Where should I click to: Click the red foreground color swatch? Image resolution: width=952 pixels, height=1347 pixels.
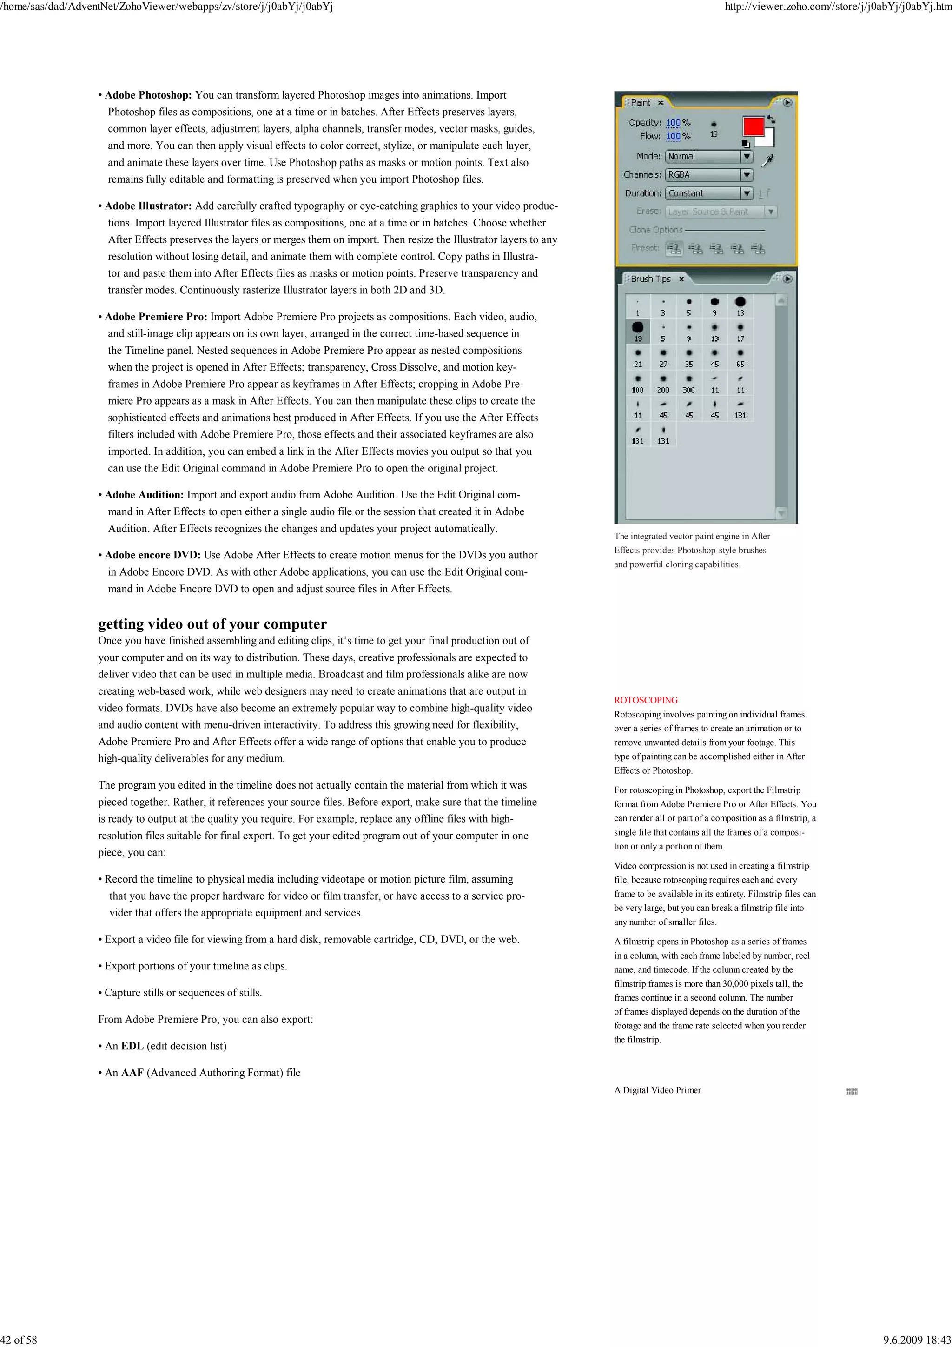tap(753, 126)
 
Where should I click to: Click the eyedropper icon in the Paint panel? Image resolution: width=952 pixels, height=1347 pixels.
tap(768, 159)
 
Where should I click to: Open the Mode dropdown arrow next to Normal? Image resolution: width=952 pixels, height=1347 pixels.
tap(746, 157)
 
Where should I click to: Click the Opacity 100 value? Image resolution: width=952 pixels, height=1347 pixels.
tap(673, 123)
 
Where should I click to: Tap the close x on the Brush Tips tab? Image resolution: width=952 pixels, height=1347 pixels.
tap(681, 279)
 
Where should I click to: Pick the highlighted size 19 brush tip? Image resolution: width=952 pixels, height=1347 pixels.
tap(638, 330)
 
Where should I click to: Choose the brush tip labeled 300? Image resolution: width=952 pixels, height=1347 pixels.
tap(688, 383)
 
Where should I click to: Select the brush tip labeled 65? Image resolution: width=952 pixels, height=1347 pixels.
tap(740, 357)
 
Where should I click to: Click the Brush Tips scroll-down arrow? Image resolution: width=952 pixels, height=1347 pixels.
tap(781, 513)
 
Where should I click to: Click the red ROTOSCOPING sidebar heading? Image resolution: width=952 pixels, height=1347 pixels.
tap(645, 700)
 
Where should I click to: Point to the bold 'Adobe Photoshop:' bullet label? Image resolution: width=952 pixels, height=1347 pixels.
tap(148, 95)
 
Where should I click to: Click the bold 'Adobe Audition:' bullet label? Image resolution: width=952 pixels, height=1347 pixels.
tap(144, 495)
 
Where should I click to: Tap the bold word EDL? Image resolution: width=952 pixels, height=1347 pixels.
tap(132, 1046)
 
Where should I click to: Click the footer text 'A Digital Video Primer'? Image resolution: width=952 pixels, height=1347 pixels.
tap(657, 1090)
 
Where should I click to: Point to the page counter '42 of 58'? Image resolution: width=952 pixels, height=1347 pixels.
tap(19, 1340)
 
